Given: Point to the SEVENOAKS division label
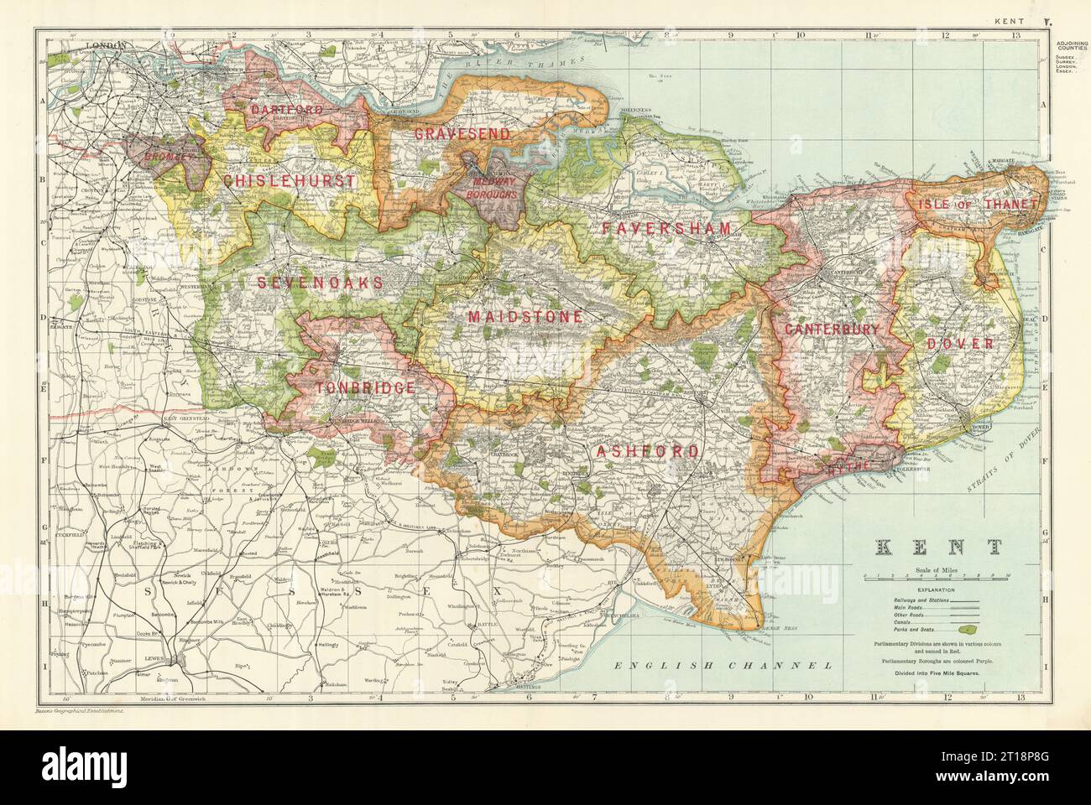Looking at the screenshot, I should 321,283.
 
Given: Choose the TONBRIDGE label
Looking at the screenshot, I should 365,387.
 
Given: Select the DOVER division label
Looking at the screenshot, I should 960,344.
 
